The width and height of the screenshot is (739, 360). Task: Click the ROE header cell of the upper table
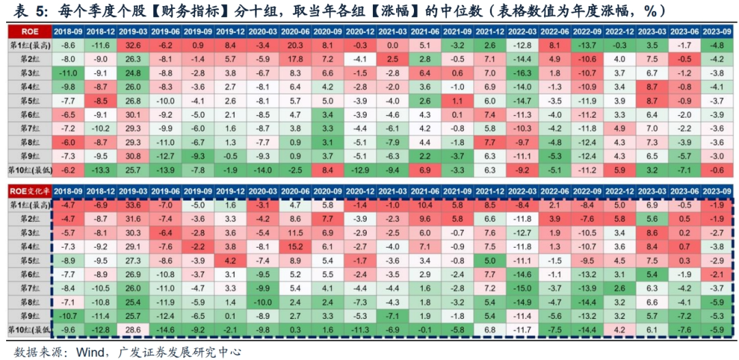click(27, 31)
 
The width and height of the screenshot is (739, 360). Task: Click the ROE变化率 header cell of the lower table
click(27, 190)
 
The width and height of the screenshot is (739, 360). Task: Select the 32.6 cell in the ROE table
click(132, 44)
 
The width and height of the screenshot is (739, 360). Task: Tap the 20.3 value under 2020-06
click(295, 44)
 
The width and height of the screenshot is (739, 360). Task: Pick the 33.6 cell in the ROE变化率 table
click(132, 204)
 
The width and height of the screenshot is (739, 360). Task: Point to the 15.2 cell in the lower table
click(295, 246)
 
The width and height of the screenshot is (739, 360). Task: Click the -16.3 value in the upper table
click(523, 73)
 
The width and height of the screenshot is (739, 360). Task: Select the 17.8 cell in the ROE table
click(295, 59)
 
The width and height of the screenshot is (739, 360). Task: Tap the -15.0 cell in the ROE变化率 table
click(523, 287)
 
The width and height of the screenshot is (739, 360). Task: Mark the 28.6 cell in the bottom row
click(132, 329)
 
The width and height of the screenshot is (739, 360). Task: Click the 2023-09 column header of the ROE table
click(718, 31)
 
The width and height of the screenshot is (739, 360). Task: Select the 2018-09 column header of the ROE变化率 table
click(68, 190)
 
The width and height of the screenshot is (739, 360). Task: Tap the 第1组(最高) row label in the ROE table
click(27, 44)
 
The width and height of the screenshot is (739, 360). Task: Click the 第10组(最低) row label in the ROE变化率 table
click(27, 329)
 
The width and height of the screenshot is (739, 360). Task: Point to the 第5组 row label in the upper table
click(27, 101)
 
